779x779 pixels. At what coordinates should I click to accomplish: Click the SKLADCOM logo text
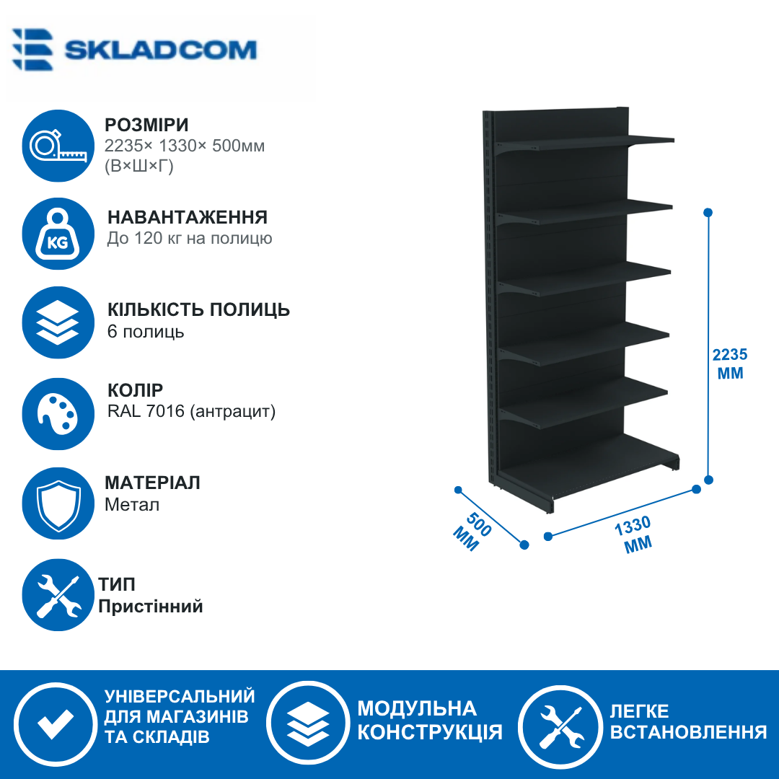160,50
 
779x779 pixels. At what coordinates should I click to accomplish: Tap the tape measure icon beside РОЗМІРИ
58,146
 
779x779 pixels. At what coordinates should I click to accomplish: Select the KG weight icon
58,234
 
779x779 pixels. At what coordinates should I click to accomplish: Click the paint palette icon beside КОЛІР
58,414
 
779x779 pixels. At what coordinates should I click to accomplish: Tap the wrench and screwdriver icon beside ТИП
58,595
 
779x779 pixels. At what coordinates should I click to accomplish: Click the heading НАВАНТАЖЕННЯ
188,218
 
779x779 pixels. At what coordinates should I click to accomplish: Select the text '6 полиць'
146,331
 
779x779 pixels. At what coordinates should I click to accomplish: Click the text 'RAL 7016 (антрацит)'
191,411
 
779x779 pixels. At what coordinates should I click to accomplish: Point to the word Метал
132,505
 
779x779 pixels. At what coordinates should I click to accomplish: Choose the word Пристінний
151,606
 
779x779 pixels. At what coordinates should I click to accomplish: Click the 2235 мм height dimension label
730,364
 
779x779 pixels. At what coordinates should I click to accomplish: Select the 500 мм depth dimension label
472,532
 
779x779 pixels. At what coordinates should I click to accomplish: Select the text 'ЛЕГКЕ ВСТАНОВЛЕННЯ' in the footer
688,721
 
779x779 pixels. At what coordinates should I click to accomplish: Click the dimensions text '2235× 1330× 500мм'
185,146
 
